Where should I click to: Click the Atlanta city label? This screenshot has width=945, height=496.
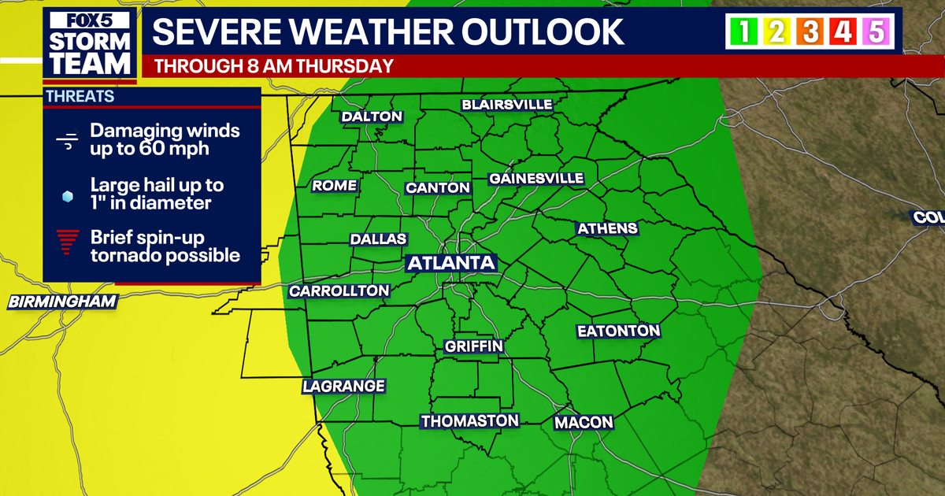[450, 263]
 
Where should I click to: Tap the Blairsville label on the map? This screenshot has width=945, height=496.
[507, 105]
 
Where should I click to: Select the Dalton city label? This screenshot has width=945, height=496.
[372, 117]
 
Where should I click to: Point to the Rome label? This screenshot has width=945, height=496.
[335, 186]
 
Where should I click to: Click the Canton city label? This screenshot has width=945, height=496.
[438, 188]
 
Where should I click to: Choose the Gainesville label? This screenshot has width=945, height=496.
[536, 179]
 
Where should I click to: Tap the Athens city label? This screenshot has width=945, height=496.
[607, 229]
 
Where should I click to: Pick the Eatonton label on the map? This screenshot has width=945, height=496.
[618, 331]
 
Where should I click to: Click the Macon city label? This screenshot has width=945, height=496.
[584, 423]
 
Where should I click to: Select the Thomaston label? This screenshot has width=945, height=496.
[470, 421]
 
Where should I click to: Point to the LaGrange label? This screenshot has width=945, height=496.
[344, 387]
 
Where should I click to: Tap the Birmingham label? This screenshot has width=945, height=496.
[63, 302]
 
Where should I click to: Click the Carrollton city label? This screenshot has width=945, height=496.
[339, 291]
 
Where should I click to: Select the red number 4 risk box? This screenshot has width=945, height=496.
[843, 33]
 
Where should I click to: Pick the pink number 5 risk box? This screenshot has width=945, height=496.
[876, 33]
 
